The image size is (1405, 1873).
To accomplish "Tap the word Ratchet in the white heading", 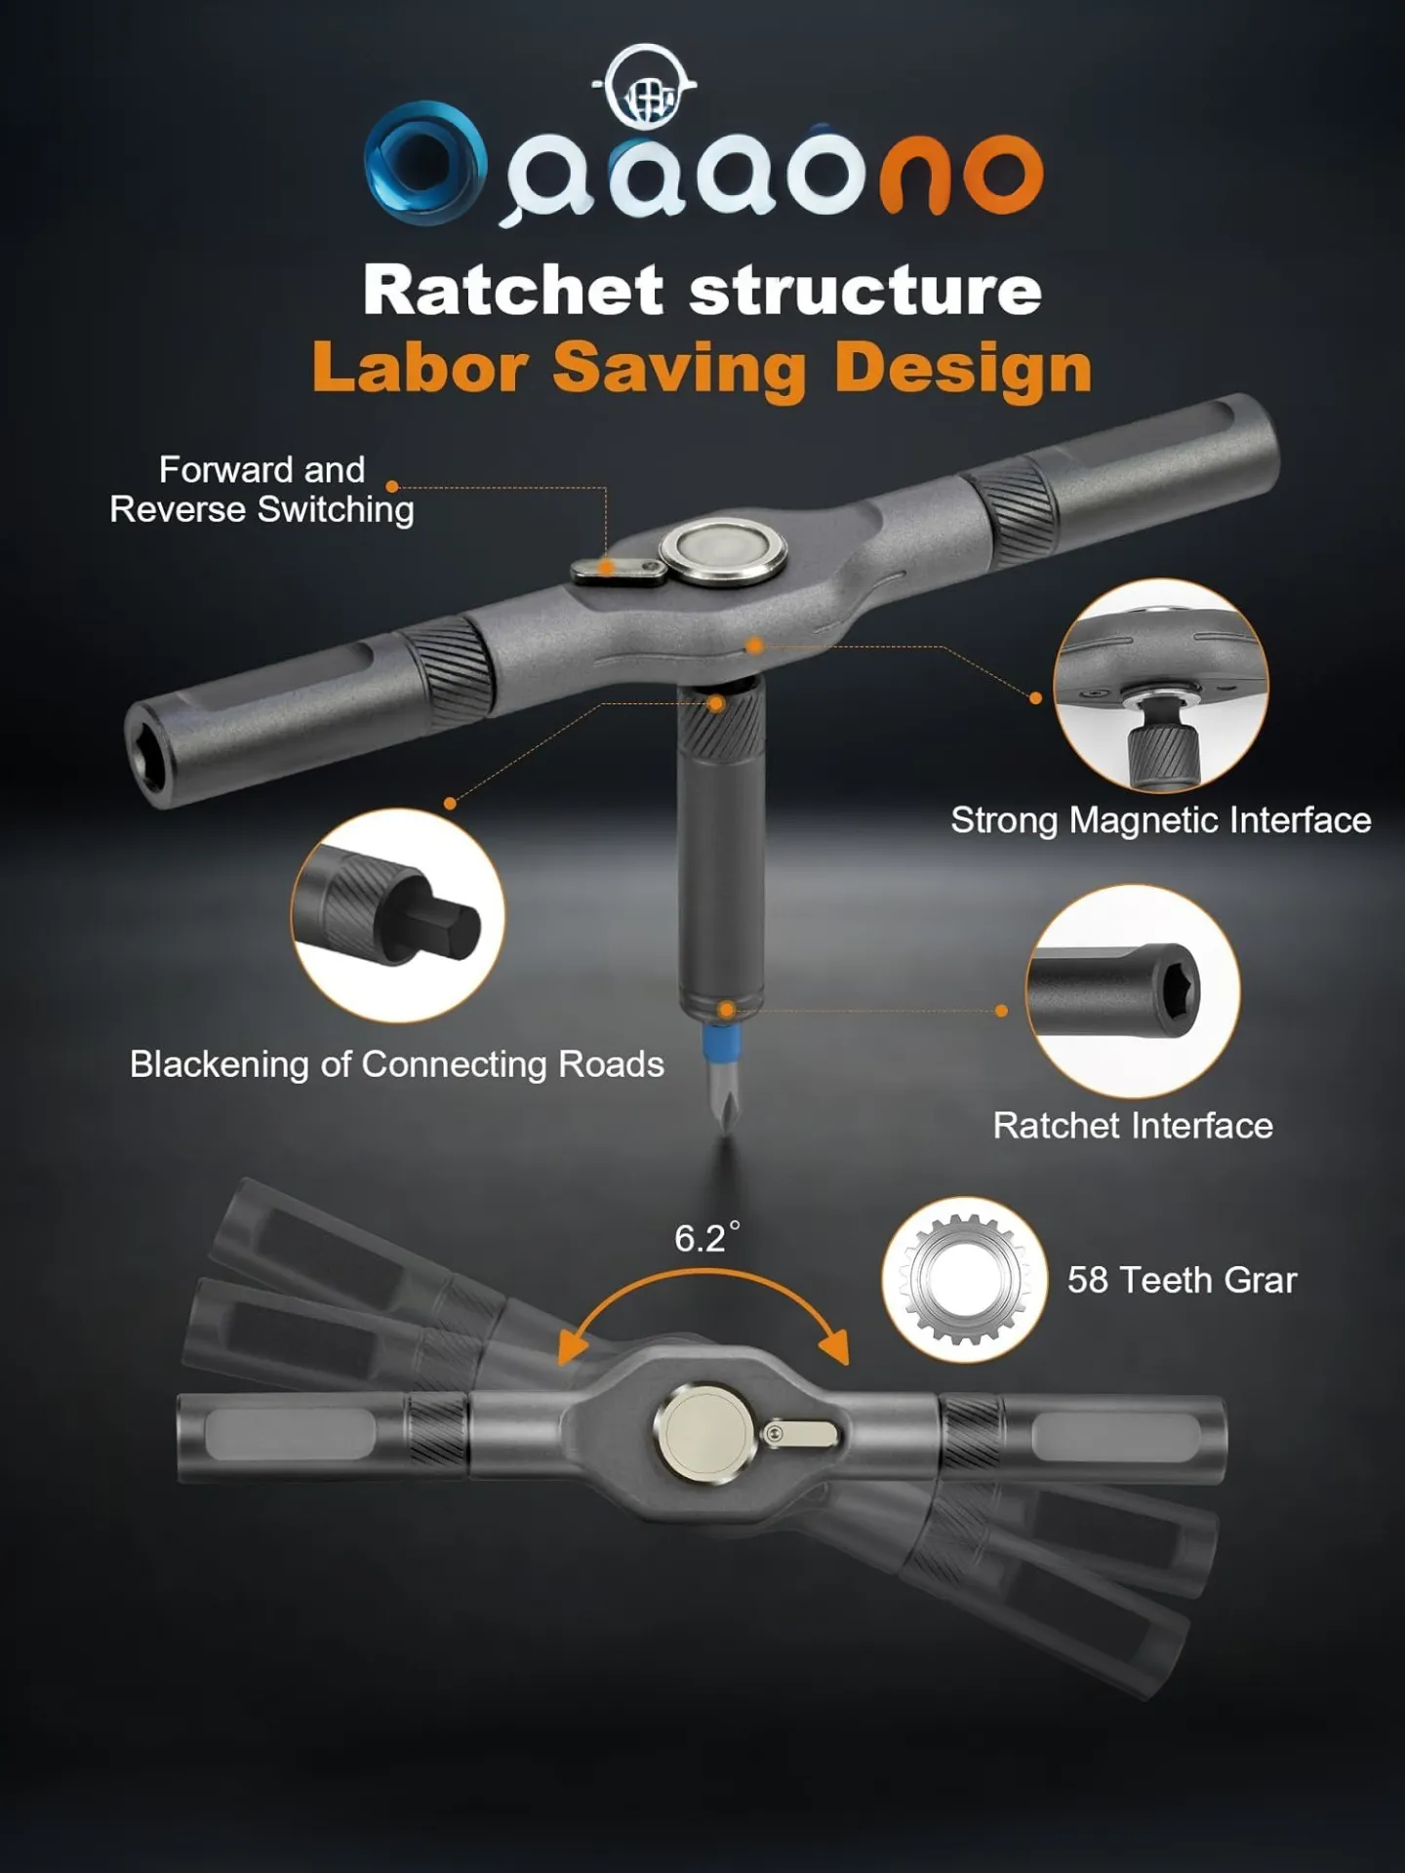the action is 514,291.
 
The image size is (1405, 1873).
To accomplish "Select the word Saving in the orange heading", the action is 680,368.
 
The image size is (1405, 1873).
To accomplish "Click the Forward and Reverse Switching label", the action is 261,490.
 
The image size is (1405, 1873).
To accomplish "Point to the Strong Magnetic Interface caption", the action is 1161,819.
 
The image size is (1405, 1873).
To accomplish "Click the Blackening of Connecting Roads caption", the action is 396,1064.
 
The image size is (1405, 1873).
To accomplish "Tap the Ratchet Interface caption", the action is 1133,1126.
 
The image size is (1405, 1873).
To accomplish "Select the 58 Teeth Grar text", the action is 1182,1280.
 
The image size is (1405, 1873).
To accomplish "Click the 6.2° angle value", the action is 706,1238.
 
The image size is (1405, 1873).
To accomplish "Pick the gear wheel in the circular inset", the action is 964,1279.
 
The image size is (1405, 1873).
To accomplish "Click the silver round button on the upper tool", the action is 723,550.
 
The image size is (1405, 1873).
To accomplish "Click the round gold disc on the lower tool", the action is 704,1433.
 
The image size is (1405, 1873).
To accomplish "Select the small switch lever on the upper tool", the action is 618,570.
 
